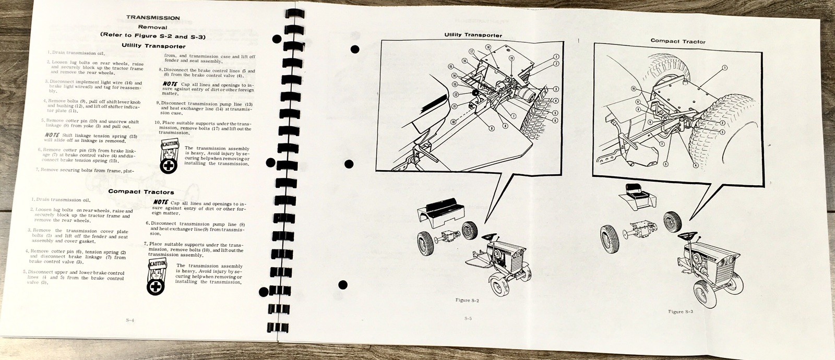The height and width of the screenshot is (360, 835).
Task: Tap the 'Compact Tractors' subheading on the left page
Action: (141, 191)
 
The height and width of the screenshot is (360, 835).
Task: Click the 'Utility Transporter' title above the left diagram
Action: (473, 35)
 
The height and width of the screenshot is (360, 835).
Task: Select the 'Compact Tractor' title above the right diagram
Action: (677, 41)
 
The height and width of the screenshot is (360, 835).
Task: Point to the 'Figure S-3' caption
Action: (683, 311)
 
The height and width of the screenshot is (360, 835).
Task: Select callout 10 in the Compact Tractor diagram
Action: (633, 89)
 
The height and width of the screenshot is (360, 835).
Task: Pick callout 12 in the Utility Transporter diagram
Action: (456, 94)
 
